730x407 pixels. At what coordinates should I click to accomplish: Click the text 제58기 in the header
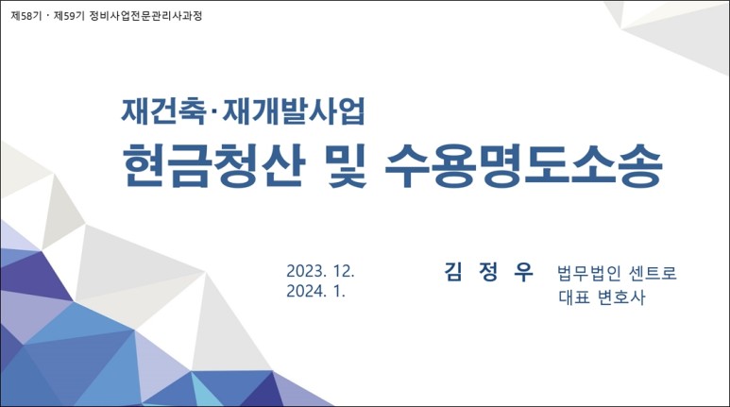coord(26,16)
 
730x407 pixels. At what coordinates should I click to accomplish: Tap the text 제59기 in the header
coord(69,16)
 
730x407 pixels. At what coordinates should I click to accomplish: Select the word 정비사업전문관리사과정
coord(145,16)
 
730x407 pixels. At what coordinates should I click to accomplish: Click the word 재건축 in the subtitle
coord(163,110)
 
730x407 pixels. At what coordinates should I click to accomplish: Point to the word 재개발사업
coord(294,110)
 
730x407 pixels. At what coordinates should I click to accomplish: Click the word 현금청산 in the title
coord(213,165)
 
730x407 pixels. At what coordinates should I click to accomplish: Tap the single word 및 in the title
coord(346,165)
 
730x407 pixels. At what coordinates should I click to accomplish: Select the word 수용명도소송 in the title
coord(524,165)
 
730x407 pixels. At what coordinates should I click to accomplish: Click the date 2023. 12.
coord(320,271)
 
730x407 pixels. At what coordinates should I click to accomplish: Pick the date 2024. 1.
coord(315,292)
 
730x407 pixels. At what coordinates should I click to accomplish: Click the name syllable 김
coord(453,271)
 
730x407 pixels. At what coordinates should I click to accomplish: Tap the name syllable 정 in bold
coord(488,271)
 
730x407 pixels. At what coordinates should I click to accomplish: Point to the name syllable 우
coord(523,271)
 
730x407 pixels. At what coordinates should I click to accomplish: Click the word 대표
coord(574,297)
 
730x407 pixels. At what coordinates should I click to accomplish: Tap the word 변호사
coord(622,297)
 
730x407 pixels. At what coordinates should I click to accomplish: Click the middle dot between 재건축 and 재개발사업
coord(214,111)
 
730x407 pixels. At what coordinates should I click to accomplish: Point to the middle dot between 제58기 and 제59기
coord(48,16)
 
